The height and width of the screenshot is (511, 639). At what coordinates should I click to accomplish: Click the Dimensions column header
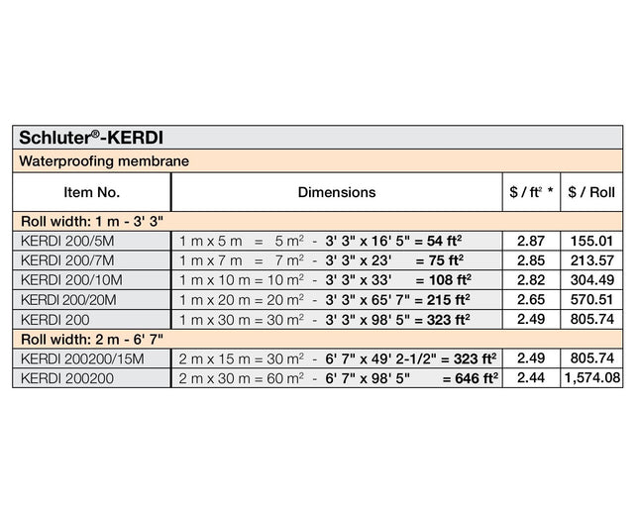click(337, 192)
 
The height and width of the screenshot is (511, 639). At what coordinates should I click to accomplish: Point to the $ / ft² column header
click(530, 192)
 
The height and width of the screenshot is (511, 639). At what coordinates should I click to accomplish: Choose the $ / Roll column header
click(591, 192)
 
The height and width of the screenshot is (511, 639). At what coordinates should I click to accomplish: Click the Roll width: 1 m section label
click(88, 220)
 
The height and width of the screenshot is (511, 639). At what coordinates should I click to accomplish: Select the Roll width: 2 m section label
click(88, 339)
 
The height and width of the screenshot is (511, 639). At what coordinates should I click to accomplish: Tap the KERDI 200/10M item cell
click(68, 279)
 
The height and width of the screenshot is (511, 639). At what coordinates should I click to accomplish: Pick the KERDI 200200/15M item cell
click(82, 358)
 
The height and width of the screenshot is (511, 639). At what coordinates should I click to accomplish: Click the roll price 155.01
click(592, 240)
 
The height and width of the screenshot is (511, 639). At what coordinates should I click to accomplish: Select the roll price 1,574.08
click(592, 378)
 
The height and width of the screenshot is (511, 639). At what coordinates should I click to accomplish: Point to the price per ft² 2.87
click(531, 240)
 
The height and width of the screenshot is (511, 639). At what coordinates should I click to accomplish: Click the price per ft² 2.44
click(531, 378)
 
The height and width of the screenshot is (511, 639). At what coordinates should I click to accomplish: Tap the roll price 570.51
click(592, 299)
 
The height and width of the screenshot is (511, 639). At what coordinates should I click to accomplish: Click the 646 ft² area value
click(470, 378)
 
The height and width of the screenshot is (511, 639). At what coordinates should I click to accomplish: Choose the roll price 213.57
click(592, 259)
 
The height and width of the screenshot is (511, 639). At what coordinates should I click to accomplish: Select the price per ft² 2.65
click(531, 299)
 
